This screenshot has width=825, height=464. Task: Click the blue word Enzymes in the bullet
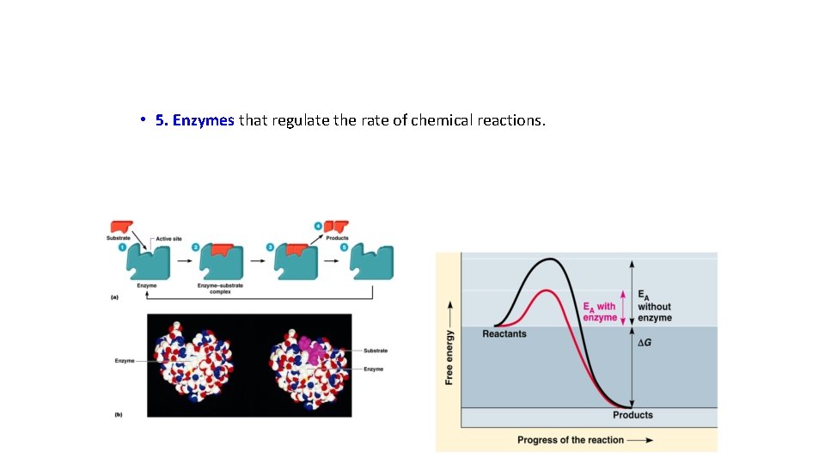pyautogui.click(x=204, y=120)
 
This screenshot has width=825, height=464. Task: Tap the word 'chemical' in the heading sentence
pyautogui.click(x=446, y=120)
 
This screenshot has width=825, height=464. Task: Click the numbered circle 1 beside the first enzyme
pyautogui.click(x=123, y=248)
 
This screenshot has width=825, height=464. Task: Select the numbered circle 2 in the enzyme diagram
pyautogui.click(x=195, y=248)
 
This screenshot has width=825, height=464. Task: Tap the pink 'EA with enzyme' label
pyautogui.click(x=600, y=312)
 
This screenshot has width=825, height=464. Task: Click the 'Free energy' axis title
pyautogui.click(x=449, y=346)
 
